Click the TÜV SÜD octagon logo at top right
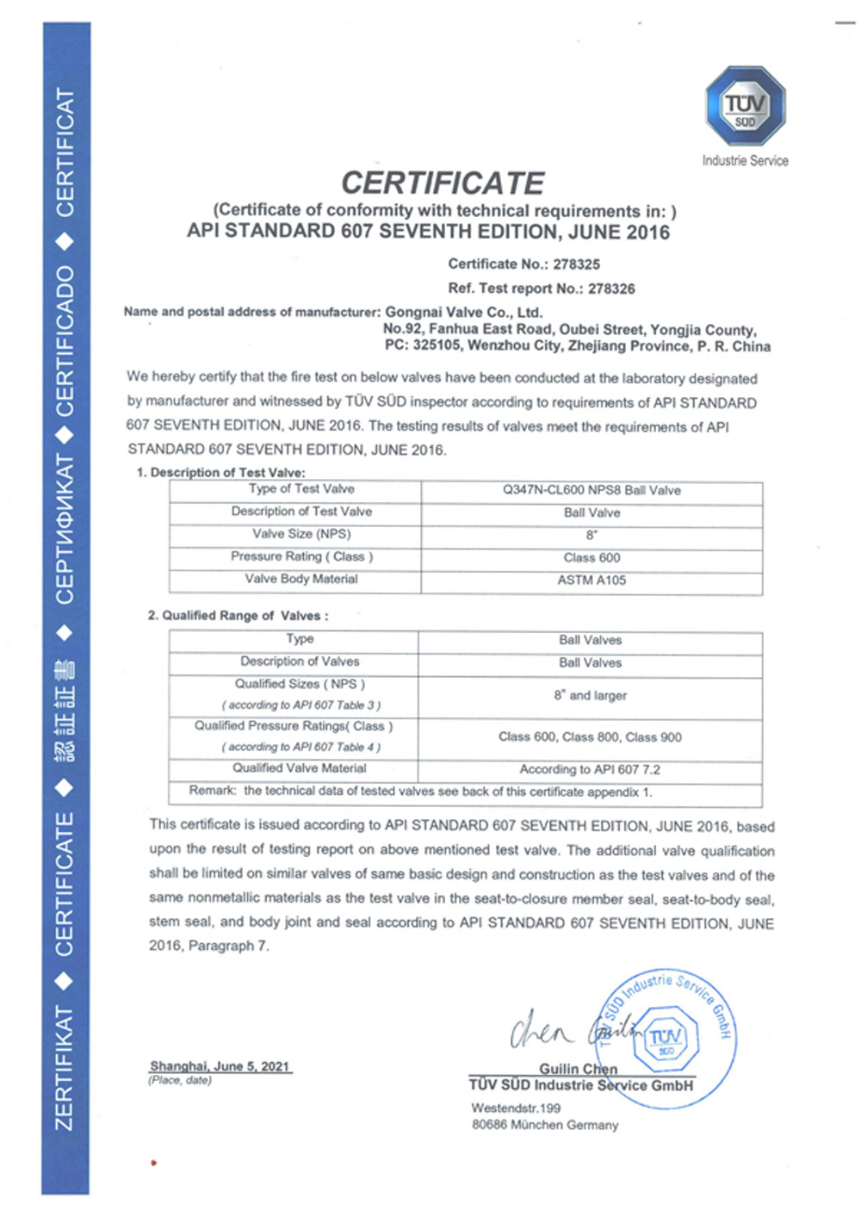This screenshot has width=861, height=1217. click(x=745, y=107)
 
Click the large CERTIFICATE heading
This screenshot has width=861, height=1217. click(x=443, y=183)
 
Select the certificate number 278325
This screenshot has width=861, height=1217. click(x=576, y=264)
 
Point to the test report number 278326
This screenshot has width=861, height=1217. click(x=611, y=289)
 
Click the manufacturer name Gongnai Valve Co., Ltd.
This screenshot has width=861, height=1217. click(x=463, y=312)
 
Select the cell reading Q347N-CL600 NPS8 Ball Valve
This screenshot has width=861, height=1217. click(x=592, y=490)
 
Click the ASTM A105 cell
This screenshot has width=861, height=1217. click(x=592, y=580)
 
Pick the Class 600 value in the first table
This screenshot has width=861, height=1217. click(x=592, y=557)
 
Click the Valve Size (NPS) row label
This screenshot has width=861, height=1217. click(x=301, y=534)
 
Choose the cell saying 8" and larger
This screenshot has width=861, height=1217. click(x=591, y=695)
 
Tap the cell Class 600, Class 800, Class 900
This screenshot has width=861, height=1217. click(x=590, y=737)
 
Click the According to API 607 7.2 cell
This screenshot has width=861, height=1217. click(x=590, y=769)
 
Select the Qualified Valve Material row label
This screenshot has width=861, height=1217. click(x=299, y=768)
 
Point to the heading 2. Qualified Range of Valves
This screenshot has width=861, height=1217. click(x=238, y=615)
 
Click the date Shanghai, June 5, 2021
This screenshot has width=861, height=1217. click(x=220, y=1066)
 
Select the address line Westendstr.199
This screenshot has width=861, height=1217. click(x=515, y=1108)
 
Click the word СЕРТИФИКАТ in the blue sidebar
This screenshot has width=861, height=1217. click(x=65, y=529)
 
